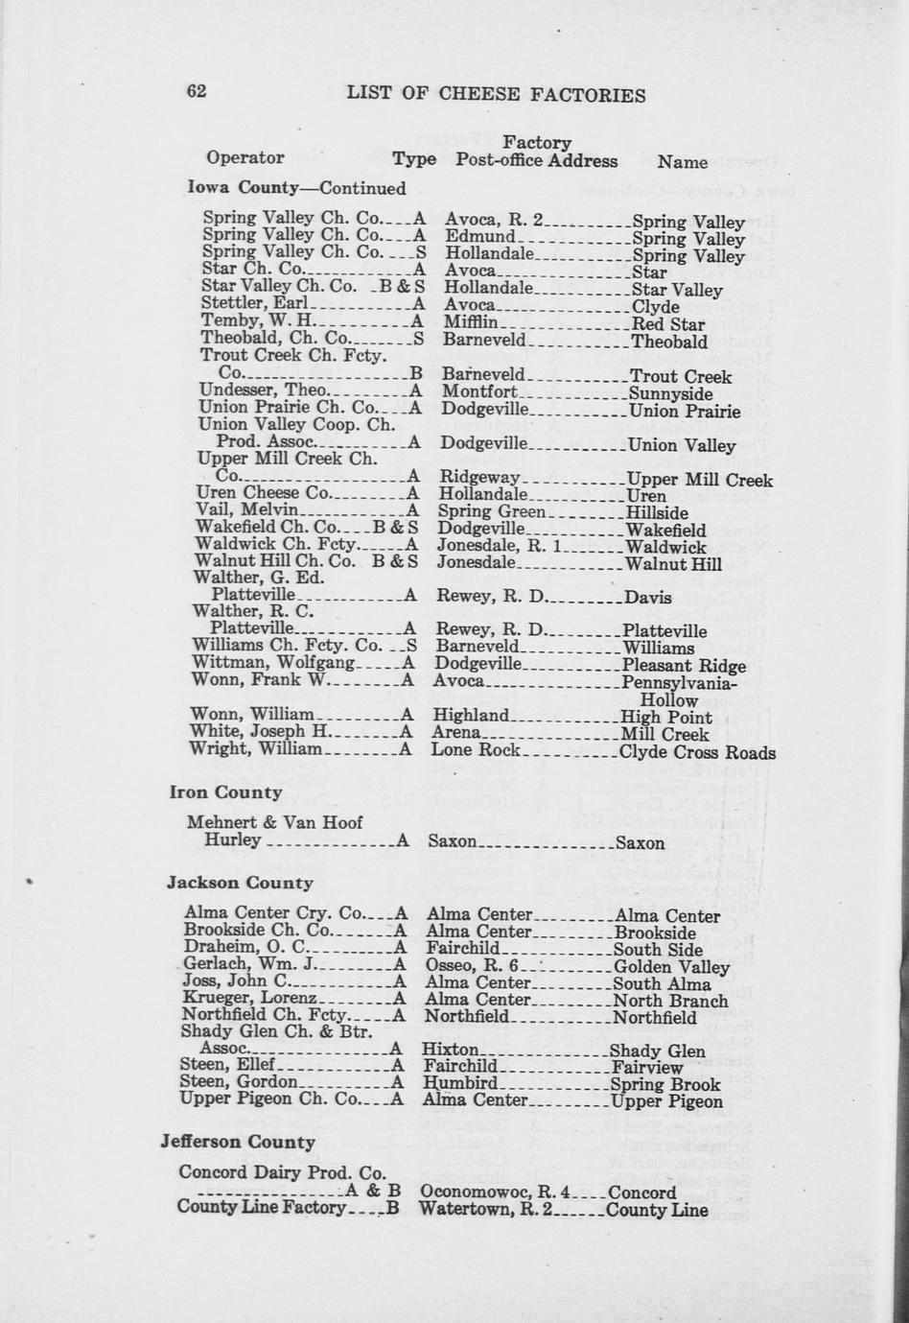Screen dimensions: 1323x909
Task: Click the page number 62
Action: (197, 91)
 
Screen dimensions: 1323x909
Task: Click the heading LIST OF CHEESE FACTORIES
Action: (496, 94)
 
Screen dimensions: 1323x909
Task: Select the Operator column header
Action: (245, 157)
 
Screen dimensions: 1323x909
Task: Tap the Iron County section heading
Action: (225, 792)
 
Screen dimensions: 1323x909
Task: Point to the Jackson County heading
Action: (240, 883)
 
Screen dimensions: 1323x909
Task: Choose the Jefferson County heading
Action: (238, 1142)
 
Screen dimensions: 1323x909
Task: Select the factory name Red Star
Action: (668, 324)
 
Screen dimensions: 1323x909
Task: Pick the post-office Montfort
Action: (479, 392)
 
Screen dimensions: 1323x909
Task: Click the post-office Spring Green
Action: (491, 511)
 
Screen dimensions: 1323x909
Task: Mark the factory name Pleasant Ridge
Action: (684, 665)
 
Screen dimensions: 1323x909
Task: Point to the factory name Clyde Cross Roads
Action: (697, 752)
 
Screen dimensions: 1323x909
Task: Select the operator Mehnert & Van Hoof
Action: (275, 822)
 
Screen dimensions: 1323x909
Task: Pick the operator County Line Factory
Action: (261, 1207)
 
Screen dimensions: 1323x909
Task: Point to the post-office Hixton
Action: (450, 1050)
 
